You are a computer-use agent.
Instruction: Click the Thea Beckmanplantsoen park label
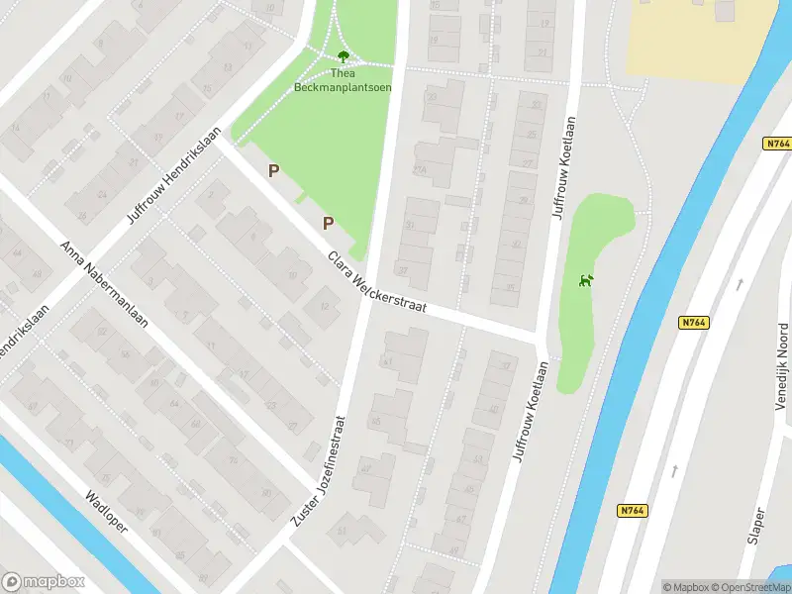click(x=343, y=79)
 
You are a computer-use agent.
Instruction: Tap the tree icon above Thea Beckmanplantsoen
click(x=343, y=56)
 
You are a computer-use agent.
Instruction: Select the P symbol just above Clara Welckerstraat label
click(x=327, y=224)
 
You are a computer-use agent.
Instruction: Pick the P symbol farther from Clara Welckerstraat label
click(x=273, y=171)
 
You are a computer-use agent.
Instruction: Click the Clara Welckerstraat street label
click(x=377, y=281)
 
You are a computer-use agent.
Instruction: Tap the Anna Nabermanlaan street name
click(x=104, y=287)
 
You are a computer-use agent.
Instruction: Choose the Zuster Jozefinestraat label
click(x=323, y=469)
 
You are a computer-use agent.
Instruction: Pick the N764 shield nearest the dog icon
click(x=693, y=323)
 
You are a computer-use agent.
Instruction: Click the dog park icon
click(x=585, y=280)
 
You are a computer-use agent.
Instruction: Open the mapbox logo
click(x=44, y=582)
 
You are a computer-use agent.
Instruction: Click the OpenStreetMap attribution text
click(x=749, y=587)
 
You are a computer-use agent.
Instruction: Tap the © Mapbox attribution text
click(x=684, y=587)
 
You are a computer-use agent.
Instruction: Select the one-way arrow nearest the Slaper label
click(x=675, y=471)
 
